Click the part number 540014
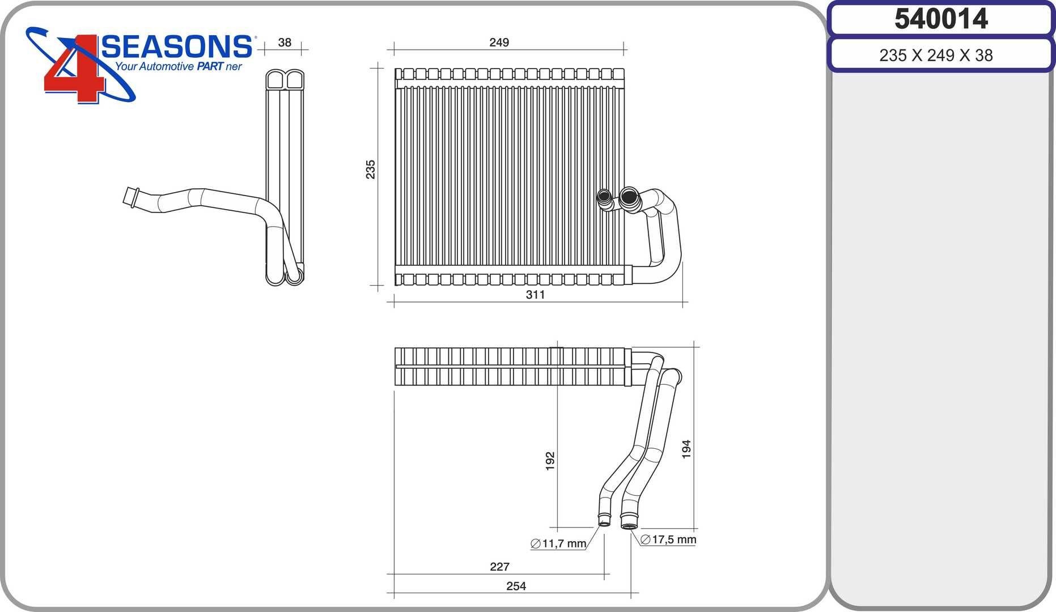pyautogui.click(x=941, y=19)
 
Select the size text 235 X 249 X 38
pyautogui.click(x=936, y=56)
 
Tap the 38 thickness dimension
pyautogui.click(x=285, y=42)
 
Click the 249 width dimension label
pyautogui.click(x=499, y=42)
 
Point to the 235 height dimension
pyautogui.click(x=370, y=169)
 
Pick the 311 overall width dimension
pyautogui.click(x=535, y=295)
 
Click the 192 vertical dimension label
pyautogui.click(x=550, y=461)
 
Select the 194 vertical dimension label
pyautogui.click(x=686, y=449)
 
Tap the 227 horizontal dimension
pyautogui.click(x=499, y=567)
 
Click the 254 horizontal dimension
pyautogui.click(x=516, y=586)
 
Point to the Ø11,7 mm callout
pyautogui.click(x=558, y=544)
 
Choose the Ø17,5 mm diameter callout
pyautogui.click(x=668, y=539)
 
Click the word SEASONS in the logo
pyautogui.click(x=177, y=47)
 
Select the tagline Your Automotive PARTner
pyautogui.click(x=179, y=67)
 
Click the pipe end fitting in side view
pyautogui.click(x=132, y=197)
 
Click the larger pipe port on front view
pyautogui.click(x=628, y=197)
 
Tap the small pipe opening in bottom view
pyautogui.click(x=604, y=521)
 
